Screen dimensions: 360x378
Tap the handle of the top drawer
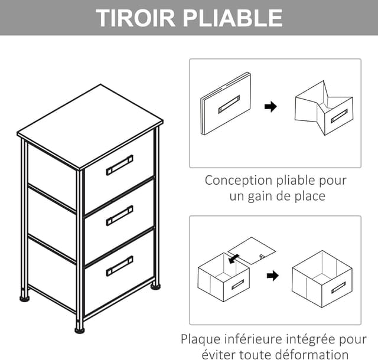coord(119,165)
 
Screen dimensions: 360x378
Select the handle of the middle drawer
coord(119,215)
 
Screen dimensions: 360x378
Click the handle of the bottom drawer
coord(119,266)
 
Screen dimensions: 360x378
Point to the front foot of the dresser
coord(79,328)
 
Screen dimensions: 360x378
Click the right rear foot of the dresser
coord(155,286)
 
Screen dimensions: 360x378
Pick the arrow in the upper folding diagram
coord(271,107)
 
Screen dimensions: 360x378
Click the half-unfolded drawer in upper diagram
coord(324,107)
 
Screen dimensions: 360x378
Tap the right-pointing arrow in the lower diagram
coord(272,276)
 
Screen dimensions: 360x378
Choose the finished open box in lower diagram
coord(322,279)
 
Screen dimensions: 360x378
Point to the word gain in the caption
coord(263,196)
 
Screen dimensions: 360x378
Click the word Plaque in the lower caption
coord(201,339)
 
